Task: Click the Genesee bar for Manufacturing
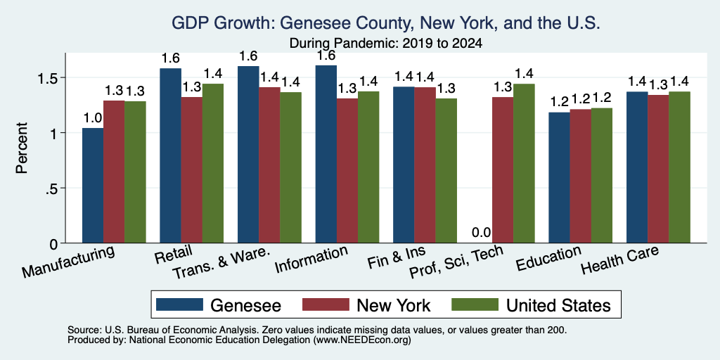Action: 93,186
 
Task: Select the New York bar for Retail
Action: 191,170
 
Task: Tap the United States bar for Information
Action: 368,167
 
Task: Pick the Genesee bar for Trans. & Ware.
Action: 248,154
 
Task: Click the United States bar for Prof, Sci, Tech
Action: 524,163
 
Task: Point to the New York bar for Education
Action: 580,176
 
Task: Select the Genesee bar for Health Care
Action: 637,167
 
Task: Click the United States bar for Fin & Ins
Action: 446,171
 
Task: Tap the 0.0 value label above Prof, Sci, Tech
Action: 481,233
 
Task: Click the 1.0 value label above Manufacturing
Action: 93,118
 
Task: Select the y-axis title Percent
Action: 22,148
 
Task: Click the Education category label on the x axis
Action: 548,258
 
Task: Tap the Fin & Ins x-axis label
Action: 397,257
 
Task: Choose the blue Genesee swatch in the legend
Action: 179,304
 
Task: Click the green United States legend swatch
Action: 475,304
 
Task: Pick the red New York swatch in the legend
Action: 326,304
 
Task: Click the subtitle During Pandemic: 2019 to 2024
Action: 386,44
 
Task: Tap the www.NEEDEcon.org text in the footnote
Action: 362,340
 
